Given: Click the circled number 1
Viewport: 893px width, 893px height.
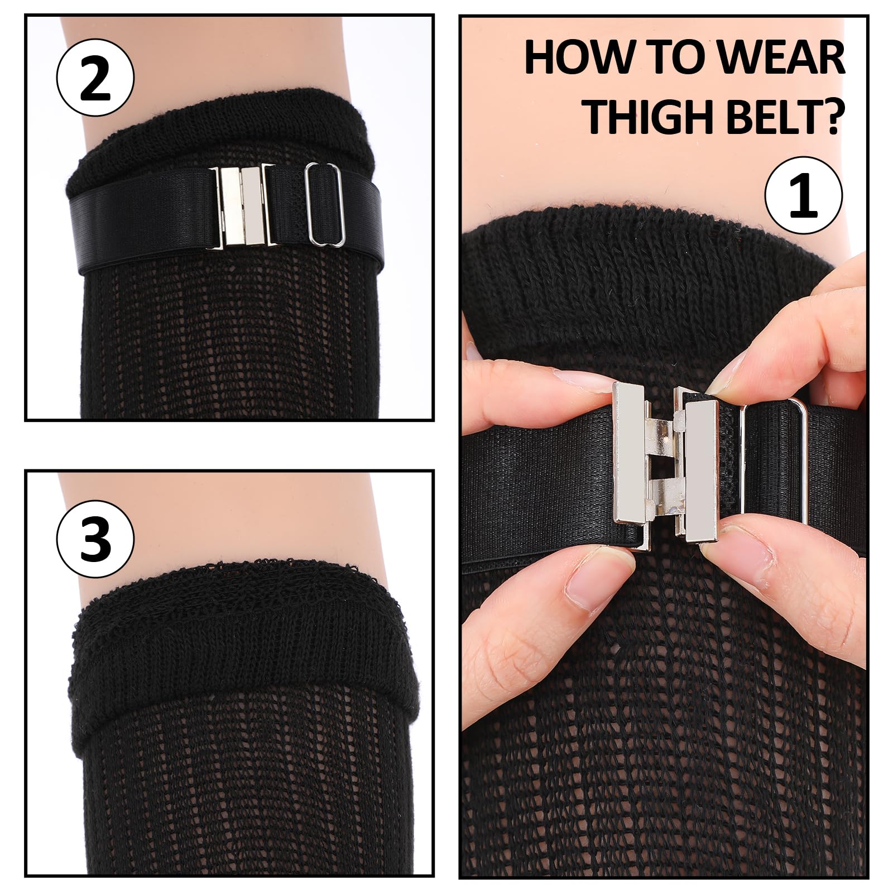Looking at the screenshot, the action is (x=803, y=195).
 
